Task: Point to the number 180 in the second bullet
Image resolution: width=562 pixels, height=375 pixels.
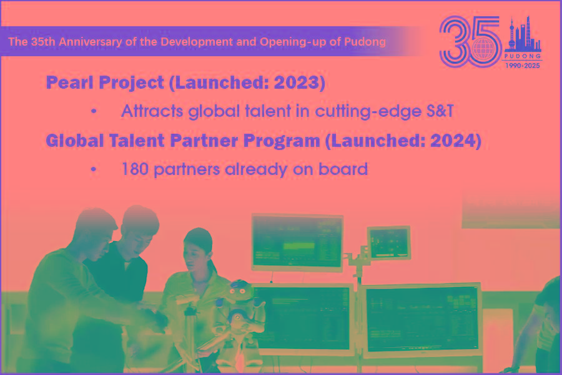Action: tap(135, 169)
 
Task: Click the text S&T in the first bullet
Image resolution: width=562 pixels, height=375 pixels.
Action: tap(440, 111)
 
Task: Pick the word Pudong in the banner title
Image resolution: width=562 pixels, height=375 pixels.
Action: tap(365, 42)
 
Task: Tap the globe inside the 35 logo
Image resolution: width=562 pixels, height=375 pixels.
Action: tap(483, 49)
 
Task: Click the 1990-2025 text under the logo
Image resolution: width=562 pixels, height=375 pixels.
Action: tap(522, 66)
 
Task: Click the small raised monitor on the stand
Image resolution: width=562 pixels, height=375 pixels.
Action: tap(389, 242)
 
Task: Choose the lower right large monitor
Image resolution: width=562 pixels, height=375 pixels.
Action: tap(422, 320)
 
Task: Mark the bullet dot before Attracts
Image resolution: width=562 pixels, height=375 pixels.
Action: tap(94, 111)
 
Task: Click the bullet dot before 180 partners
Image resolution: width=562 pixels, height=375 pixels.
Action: tap(94, 169)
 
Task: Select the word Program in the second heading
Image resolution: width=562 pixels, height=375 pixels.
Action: tap(282, 141)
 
